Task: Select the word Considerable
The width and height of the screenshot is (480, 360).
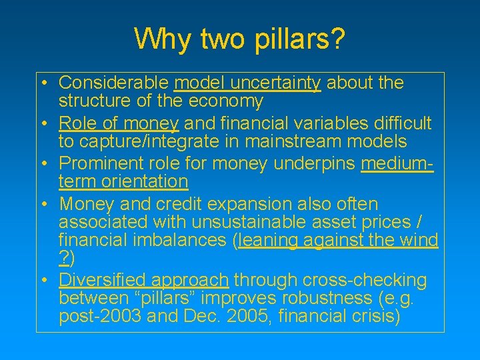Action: tap(113, 83)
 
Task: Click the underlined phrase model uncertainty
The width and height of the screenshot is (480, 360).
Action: tap(247, 83)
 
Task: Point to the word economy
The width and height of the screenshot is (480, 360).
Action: tap(225, 101)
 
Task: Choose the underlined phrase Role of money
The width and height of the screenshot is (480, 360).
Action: tap(119, 123)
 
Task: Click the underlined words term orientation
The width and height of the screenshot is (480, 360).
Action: tap(123, 181)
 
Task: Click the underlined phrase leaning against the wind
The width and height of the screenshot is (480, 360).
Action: tap(338, 240)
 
